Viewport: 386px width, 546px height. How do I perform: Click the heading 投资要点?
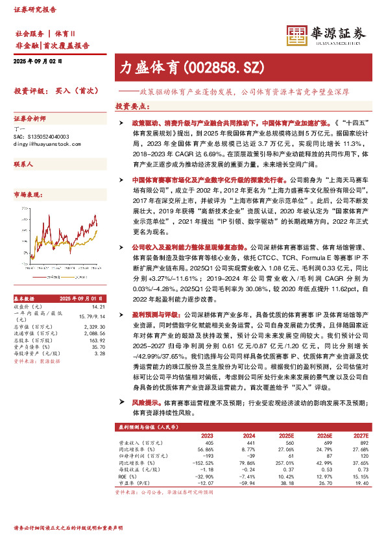(x=130, y=106)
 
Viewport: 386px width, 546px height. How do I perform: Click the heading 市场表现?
(x=28, y=194)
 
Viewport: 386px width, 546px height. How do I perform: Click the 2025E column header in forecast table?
(x=286, y=436)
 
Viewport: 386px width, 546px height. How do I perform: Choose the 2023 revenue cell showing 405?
(x=208, y=443)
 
